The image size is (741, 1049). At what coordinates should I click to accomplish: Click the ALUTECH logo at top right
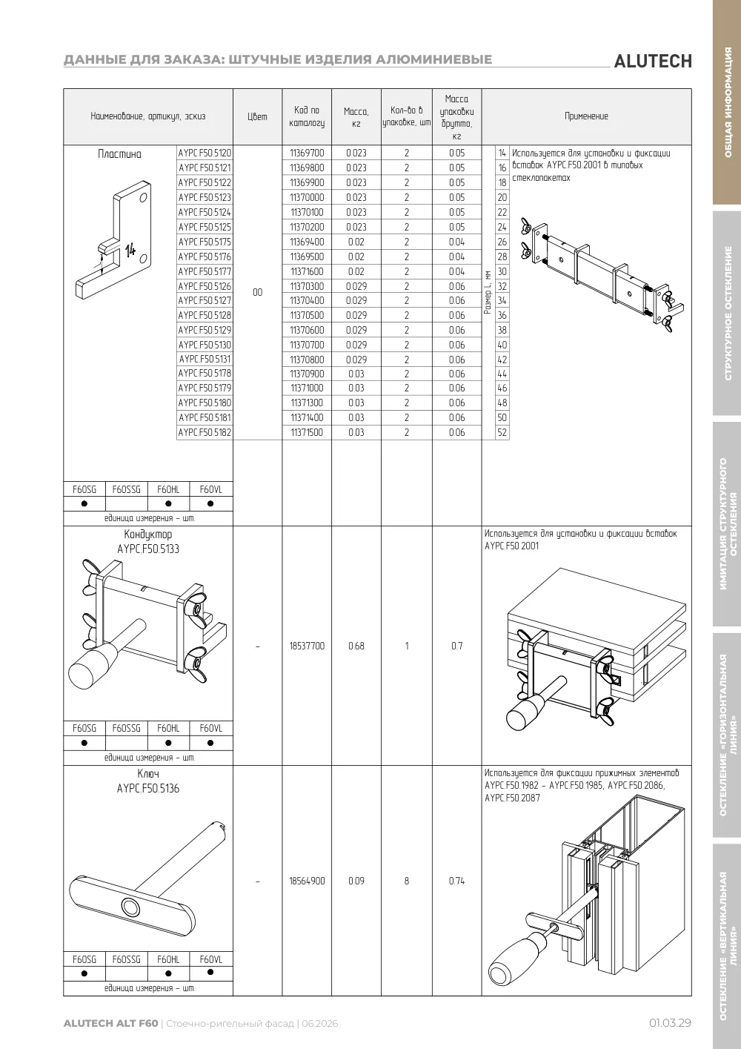[653, 62]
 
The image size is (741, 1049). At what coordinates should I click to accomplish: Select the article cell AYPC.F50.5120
[205, 153]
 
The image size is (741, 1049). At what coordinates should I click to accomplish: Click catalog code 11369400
[307, 242]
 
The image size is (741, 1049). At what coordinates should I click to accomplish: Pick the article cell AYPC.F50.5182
[205, 432]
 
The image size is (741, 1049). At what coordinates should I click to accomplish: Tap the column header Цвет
[257, 116]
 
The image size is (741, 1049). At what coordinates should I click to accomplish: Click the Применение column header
[586, 116]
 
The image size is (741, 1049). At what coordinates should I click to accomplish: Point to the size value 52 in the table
[502, 432]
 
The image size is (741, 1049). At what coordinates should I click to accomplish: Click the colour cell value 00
[257, 293]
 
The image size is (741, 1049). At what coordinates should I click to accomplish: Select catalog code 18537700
[307, 646]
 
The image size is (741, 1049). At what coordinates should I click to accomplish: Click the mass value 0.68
[356, 646]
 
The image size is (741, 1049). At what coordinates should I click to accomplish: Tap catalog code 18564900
[307, 881]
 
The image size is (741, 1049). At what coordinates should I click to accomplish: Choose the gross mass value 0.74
[457, 881]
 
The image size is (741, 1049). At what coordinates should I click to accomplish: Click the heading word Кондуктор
[148, 535]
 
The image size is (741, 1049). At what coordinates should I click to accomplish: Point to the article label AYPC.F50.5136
[148, 789]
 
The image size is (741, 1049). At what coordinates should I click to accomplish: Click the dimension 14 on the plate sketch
[130, 250]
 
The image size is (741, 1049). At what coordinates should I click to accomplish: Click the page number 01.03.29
[670, 1023]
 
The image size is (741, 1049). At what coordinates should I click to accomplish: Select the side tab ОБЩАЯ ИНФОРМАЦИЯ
[728, 102]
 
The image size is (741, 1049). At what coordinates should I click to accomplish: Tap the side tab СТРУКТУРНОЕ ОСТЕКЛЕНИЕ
[728, 313]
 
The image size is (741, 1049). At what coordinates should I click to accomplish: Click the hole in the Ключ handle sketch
[130, 907]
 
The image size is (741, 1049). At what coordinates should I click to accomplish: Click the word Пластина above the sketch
[119, 154]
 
